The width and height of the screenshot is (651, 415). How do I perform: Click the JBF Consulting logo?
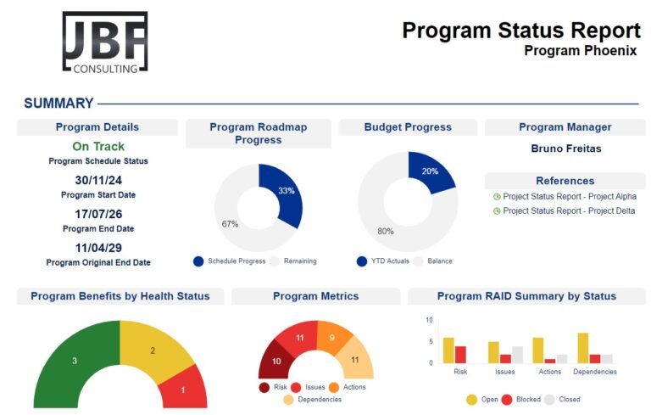pyautogui.click(x=104, y=42)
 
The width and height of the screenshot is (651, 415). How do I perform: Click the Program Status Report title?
pyautogui.click(x=520, y=31)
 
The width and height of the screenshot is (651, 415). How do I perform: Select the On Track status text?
pyautogui.click(x=98, y=147)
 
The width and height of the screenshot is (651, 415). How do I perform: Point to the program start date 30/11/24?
pyautogui.click(x=98, y=180)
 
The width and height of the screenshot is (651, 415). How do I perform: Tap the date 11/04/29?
pyautogui.click(x=98, y=248)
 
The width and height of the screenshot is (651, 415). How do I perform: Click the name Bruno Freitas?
pyautogui.click(x=565, y=149)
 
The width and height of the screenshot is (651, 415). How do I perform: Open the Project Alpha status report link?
pyautogui.click(x=569, y=196)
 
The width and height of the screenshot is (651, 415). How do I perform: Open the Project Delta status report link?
pyautogui.click(x=569, y=210)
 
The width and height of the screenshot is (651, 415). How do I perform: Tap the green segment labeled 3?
pyautogui.click(x=74, y=360)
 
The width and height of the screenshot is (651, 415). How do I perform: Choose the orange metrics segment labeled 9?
pyautogui.click(x=331, y=337)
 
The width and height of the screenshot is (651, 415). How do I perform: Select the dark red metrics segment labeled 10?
pyautogui.click(x=275, y=361)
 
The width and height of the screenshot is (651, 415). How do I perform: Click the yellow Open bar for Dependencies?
pyautogui.click(x=583, y=348)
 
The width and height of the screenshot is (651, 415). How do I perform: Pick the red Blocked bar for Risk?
pyautogui.click(x=460, y=355)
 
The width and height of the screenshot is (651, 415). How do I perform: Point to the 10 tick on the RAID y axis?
pyautogui.click(x=429, y=320)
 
